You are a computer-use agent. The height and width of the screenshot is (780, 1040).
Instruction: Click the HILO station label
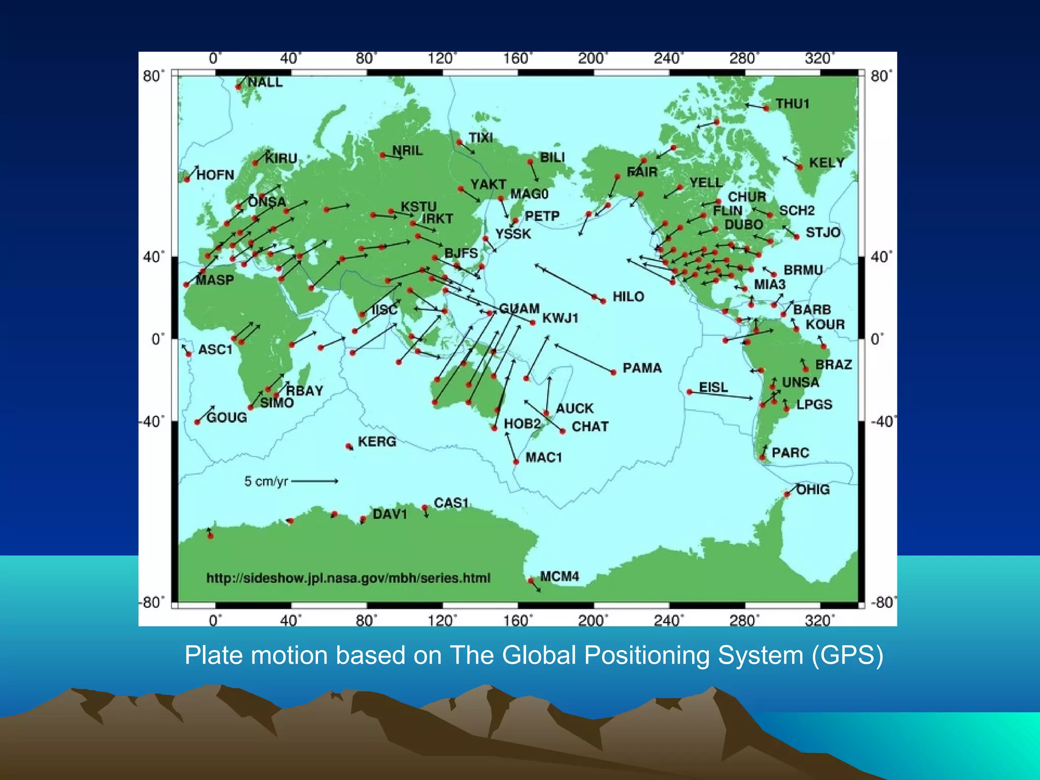[628, 297]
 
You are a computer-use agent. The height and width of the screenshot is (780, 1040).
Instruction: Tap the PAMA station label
[642, 368]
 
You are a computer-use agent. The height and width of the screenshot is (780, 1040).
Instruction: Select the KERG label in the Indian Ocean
[377, 442]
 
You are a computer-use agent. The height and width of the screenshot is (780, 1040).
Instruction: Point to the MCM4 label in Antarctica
[559, 576]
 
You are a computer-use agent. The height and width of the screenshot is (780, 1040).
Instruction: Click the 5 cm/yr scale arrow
[314, 481]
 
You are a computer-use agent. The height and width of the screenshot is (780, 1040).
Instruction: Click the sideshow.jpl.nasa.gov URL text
[348, 578]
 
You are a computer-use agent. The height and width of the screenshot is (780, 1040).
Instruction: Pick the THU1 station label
[792, 104]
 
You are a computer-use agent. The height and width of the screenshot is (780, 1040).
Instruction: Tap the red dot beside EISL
[689, 392]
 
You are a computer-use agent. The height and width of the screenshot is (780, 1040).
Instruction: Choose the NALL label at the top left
[265, 82]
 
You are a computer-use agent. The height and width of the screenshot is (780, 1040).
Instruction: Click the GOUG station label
[226, 417]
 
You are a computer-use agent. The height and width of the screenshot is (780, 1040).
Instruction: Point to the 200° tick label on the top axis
[592, 59]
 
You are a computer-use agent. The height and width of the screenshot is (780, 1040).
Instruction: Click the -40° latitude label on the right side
[883, 421]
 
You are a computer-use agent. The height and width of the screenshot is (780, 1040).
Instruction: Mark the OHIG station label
[812, 490]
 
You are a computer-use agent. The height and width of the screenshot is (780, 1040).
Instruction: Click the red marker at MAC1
[516, 462]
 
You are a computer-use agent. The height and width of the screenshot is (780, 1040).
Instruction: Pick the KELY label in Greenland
[826, 163]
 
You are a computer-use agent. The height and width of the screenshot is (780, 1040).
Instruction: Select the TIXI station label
[480, 138]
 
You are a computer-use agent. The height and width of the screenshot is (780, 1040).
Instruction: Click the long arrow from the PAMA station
[584, 359]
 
